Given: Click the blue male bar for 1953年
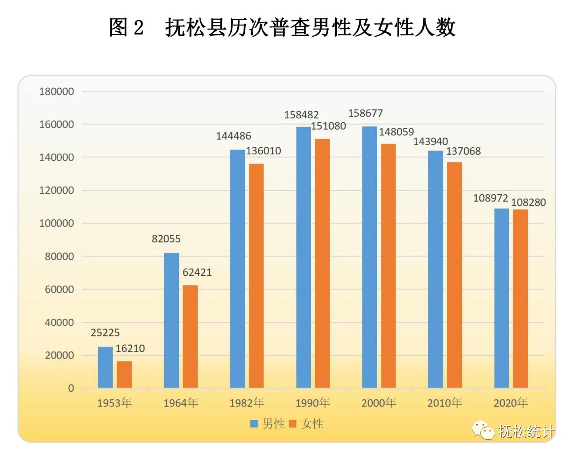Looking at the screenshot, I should pyautogui.click(x=105, y=367).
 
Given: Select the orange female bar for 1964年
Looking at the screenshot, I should pyautogui.click(x=190, y=336).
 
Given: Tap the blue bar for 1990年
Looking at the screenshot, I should pyautogui.click(x=304, y=257).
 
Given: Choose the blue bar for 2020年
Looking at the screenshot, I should pyautogui.click(x=502, y=298).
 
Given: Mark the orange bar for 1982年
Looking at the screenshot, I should pyautogui.click(x=257, y=275).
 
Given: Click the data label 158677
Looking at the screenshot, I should pyautogui.click(x=365, y=113).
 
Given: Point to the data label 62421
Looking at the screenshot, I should pyautogui.click(x=197, y=272).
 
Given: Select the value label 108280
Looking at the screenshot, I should pyautogui.click(x=529, y=202).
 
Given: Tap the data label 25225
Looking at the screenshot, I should pyautogui.click(x=105, y=333).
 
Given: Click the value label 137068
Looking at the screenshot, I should pyautogui.click(x=463, y=151).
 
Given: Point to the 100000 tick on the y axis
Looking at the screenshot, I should pyautogui.click(x=57, y=223).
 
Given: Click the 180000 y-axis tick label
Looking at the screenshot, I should pyautogui.click(x=57, y=92).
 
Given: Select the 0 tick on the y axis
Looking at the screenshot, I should pyautogui.click(x=71, y=389).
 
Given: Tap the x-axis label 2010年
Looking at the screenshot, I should pyautogui.click(x=444, y=403).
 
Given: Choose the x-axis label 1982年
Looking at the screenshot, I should pyautogui.click(x=247, y=403).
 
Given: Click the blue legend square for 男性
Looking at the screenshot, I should pyautogui.click(x=254, y=423).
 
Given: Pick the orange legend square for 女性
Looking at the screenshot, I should pyautogui.click(x=293, y=423).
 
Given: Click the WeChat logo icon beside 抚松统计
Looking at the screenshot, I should pyautogui.click(x=483, y=430).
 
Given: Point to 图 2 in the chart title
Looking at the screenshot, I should pyautogui.click(x=126, y=28).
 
